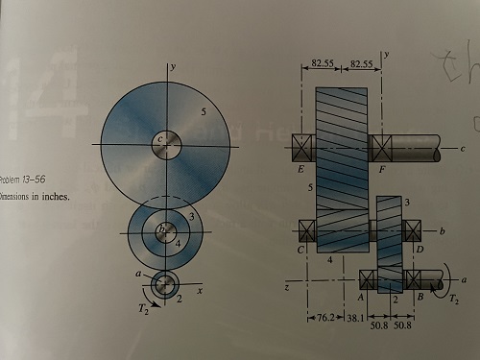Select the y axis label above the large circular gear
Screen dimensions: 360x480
(171, 68)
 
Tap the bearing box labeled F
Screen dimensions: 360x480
(382, 148)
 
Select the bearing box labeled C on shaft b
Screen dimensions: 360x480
(309, 231)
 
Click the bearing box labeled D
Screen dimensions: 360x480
(413, 231)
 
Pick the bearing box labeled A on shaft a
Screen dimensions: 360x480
(369, 279)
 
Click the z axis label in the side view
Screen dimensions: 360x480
(287, 286)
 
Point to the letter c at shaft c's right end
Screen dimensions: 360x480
(463, 149)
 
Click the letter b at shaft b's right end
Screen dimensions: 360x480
(441, 232)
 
